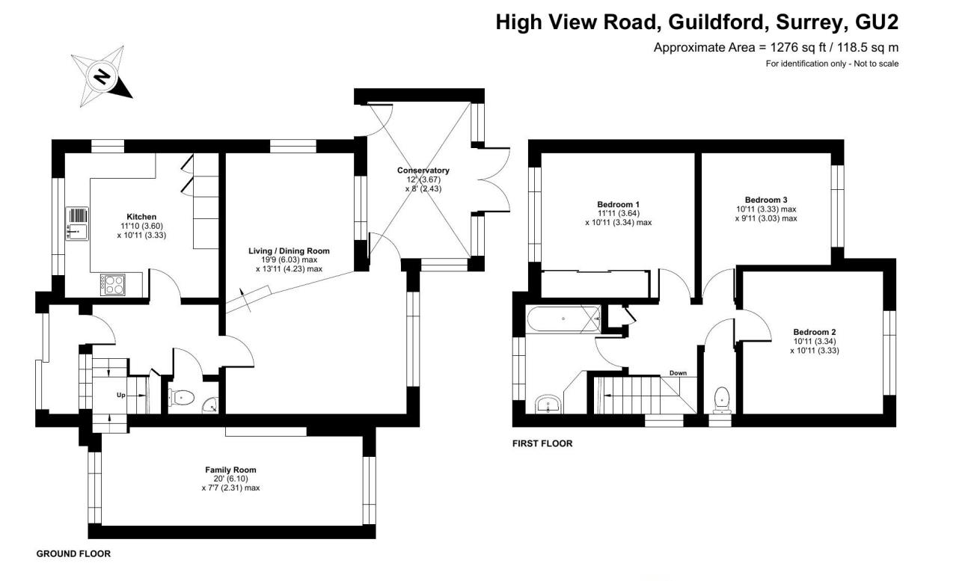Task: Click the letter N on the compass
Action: coord(102,76)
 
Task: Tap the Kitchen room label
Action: coord(141,217)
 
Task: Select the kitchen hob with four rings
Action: coord(113,284)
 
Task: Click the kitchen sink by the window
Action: coord(77,224)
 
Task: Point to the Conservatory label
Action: coord(423,170)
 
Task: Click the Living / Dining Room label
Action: coord(289,251)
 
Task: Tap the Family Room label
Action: coord(230,470)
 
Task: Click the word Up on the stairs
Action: coord(120,396)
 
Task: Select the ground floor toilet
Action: coord(182,397)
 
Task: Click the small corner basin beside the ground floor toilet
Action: coord(211,406)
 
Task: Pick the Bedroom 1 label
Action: coord(618,205)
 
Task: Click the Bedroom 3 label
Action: coord(766,200)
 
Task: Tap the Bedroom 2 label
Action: coord(815,332)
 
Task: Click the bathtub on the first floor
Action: coord(563,319)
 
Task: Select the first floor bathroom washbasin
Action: coord(548,404)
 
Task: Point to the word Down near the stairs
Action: coord(678,373)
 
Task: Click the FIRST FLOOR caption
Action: coord(542,443)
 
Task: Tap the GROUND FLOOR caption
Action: coord(73,554)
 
